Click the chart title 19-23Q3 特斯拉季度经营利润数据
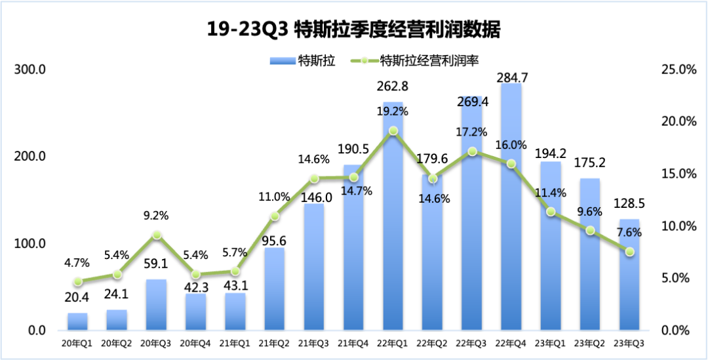(354, 30)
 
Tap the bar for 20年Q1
(77, 321)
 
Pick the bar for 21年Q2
(275, 289)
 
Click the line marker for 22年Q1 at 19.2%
(393, 130)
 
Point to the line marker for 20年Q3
(157, 235)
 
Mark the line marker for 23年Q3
(629, 252)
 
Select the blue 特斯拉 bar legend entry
(303, 61)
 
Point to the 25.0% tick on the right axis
(677, 70)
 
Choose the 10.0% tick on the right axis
(677, 226)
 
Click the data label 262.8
(393, 86)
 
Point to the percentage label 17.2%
(472, 132)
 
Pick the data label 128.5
(629, 204)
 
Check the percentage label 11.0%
(275, 196)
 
